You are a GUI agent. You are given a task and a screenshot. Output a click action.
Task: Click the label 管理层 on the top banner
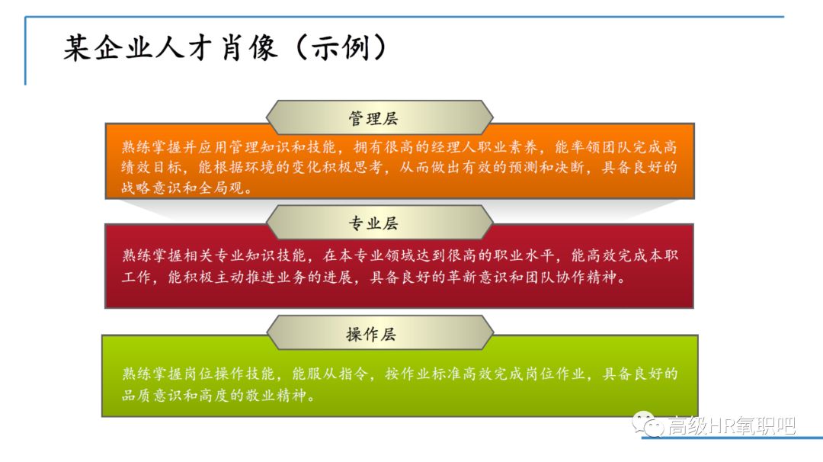(x=373, y=118)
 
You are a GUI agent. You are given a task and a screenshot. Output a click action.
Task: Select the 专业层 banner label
(x=373, y=223)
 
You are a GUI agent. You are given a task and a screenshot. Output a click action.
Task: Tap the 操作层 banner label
(x=371, y=334)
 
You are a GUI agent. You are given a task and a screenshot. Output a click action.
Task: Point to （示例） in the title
(x=341, y=48)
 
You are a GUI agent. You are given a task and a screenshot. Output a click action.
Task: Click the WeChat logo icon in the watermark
(x=648, y=424)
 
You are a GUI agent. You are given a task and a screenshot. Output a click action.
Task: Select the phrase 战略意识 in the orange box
(x=152, y=188)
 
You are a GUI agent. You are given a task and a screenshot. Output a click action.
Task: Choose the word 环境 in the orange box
(x=260, y=168)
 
